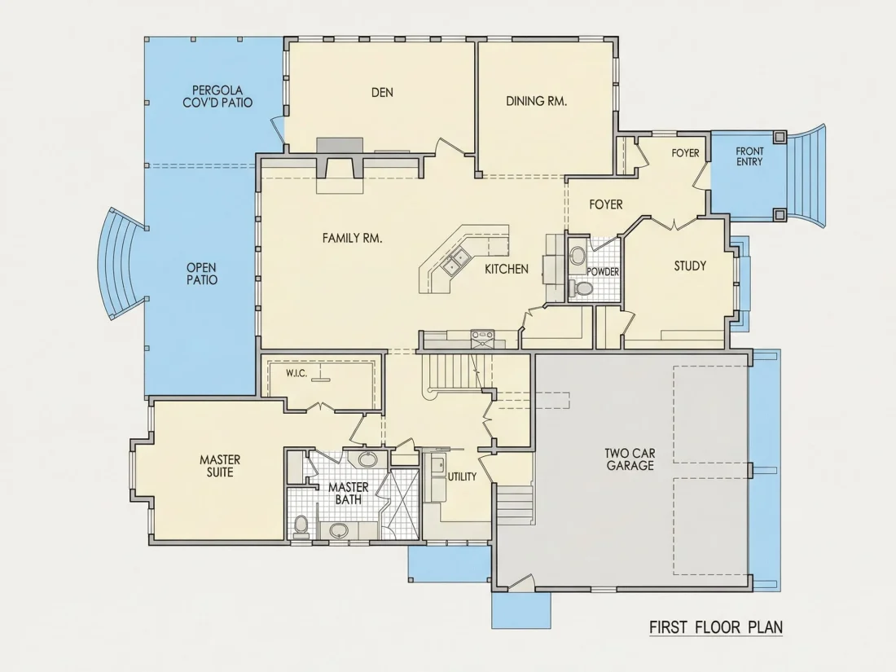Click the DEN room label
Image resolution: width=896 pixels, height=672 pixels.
pos(382,93)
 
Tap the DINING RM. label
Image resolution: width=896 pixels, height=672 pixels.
pos(537,101)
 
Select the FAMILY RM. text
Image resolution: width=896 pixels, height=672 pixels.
pos(352,238)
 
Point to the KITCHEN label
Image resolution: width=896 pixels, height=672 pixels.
pos(507,269)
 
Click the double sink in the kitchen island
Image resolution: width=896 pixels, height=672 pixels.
pos(455,262)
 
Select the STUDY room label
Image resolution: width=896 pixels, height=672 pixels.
pos(690,266)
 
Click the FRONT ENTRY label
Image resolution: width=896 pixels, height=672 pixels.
pos(749,156)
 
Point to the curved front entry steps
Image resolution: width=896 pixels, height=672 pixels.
pos(806,175)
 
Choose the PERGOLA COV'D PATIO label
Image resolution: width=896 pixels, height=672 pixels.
pos(217,97)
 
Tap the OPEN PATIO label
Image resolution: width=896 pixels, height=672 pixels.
pos(202,274)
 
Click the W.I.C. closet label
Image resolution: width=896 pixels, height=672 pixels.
pos(296,374)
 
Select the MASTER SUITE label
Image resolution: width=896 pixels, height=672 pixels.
pos(220,466)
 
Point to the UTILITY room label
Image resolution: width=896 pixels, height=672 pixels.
pos(462,477)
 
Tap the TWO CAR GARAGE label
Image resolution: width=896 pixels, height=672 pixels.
pos(630,459)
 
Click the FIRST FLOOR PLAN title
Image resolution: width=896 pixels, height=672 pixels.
pos(716,627)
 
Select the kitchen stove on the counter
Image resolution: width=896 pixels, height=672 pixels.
pos(482,338)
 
